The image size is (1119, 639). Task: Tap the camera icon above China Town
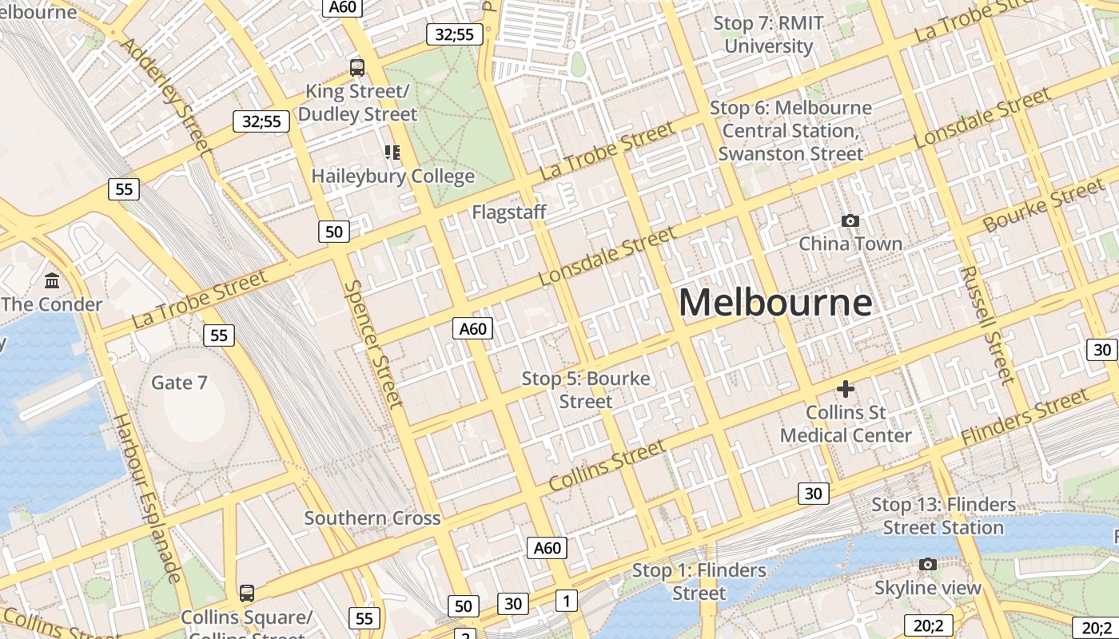pyautogui.click(x=850, y=220)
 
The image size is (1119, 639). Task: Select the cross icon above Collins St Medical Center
pyautogui.click(x=845, y=389)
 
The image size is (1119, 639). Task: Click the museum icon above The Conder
pyautogui.click(x=53, y=280)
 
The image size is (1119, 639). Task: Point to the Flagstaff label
pyautogui.click(x=509, y=212)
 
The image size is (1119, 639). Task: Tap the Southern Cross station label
pyautogui.click(x=372, y=518)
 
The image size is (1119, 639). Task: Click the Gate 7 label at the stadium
pyautogui.click(x=179, y=383)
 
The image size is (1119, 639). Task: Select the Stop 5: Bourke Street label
pyautogui.click(x=586, y=390)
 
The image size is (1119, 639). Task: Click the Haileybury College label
pyautogui.click(x=392, y=176)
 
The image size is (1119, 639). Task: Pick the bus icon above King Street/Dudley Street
pyautogui.click(x=357, y=68)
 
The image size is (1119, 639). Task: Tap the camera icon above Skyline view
pyautogui.click(x=927, y=565)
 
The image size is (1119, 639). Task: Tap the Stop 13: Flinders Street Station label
pyautogui.click(x=943, y=516)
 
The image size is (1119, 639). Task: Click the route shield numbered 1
pyautogui.click(x=567, y=601)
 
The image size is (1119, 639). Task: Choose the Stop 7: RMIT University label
pyautogui.click(x=768, y=34)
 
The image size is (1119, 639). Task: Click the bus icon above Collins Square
pyautogui.click(x=247, y=593)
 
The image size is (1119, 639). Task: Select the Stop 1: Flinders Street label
pyautogui.click(x=699, y=581)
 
